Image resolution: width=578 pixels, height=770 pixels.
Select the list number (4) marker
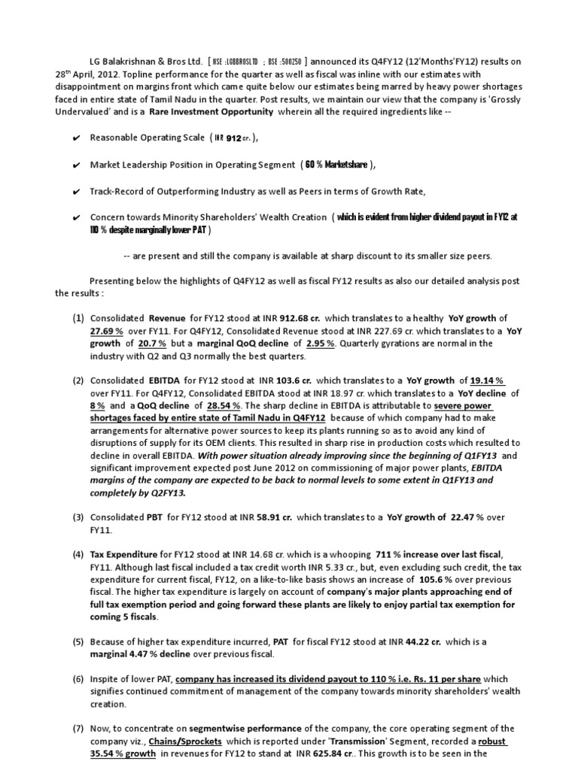(x=78, y=555)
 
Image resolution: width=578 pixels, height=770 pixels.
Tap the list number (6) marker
(x=78, y=679)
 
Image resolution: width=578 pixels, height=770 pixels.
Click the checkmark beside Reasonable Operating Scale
(x=77, y=138)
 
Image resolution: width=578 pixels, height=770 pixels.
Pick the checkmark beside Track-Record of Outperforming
(x=77, y=191)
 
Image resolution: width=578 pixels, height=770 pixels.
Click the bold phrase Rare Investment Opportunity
(x=211, y=111)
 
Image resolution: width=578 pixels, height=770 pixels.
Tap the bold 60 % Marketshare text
(x=336, y=165)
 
